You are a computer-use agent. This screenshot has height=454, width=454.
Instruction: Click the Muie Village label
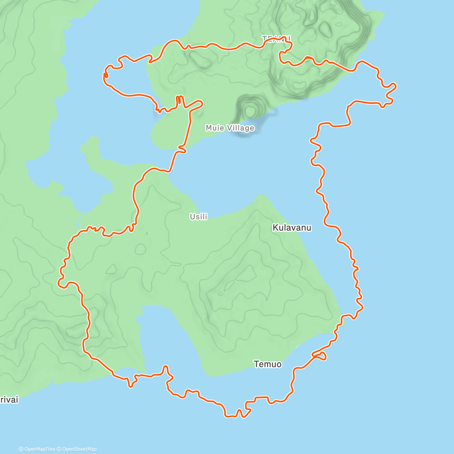pos(230,128)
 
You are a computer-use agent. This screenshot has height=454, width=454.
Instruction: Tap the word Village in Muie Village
pos(241,128)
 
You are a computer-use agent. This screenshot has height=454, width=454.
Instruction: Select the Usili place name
pos(199,217)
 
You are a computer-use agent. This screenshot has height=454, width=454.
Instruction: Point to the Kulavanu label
pos(292,227)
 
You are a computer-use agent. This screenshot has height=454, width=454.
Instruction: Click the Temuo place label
pos(267,364)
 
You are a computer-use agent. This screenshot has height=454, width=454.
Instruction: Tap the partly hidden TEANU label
pos(276,38)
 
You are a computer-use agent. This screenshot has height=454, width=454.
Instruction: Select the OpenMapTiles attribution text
pos(40,449)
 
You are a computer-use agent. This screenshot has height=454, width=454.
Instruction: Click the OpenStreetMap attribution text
pos(79,449)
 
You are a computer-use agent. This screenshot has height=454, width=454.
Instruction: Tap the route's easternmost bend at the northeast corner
pos(395,87)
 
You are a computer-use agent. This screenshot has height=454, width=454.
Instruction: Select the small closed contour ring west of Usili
pos(140,249)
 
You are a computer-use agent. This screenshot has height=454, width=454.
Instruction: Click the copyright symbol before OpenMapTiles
pos(21,449)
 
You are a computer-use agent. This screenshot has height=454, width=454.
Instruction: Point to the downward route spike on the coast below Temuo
pos(130,385)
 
